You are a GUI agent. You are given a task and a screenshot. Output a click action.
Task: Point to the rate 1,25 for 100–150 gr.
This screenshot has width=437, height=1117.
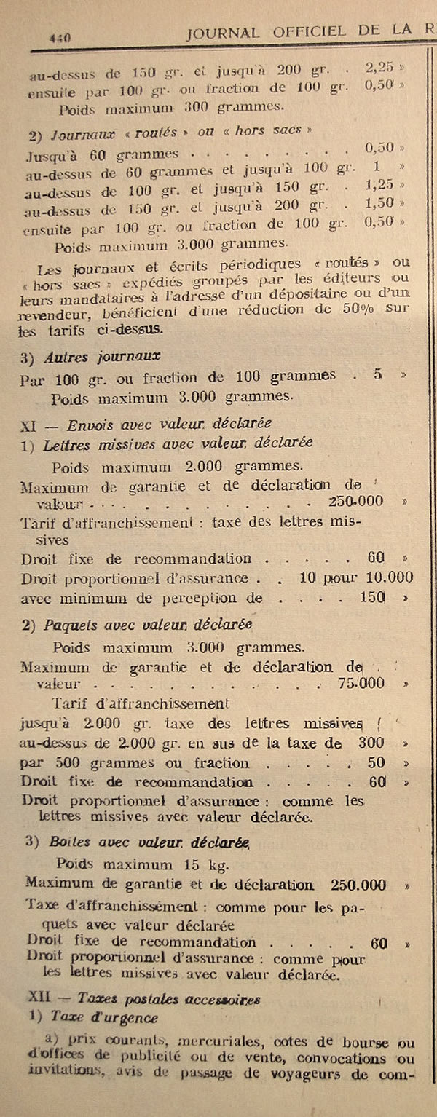point(380,186)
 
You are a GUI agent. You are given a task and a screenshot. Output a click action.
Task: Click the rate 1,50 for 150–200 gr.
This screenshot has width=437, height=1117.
point(380,204)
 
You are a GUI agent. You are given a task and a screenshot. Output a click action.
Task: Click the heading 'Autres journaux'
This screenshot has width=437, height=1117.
point(102,358)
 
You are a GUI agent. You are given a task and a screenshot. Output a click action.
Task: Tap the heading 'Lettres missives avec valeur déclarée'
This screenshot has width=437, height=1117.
point(178,443)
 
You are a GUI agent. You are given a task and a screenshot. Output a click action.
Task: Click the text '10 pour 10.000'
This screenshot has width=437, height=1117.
point(357,578)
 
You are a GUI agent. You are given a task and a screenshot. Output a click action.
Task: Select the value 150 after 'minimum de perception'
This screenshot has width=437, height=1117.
point(373,597)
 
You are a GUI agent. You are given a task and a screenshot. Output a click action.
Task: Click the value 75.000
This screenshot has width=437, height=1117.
point(361,684)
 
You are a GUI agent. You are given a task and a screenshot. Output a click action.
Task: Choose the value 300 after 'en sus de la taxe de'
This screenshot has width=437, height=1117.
point(372,743)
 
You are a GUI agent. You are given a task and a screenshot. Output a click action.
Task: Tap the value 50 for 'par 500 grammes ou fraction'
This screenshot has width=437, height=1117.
point(376,763)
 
